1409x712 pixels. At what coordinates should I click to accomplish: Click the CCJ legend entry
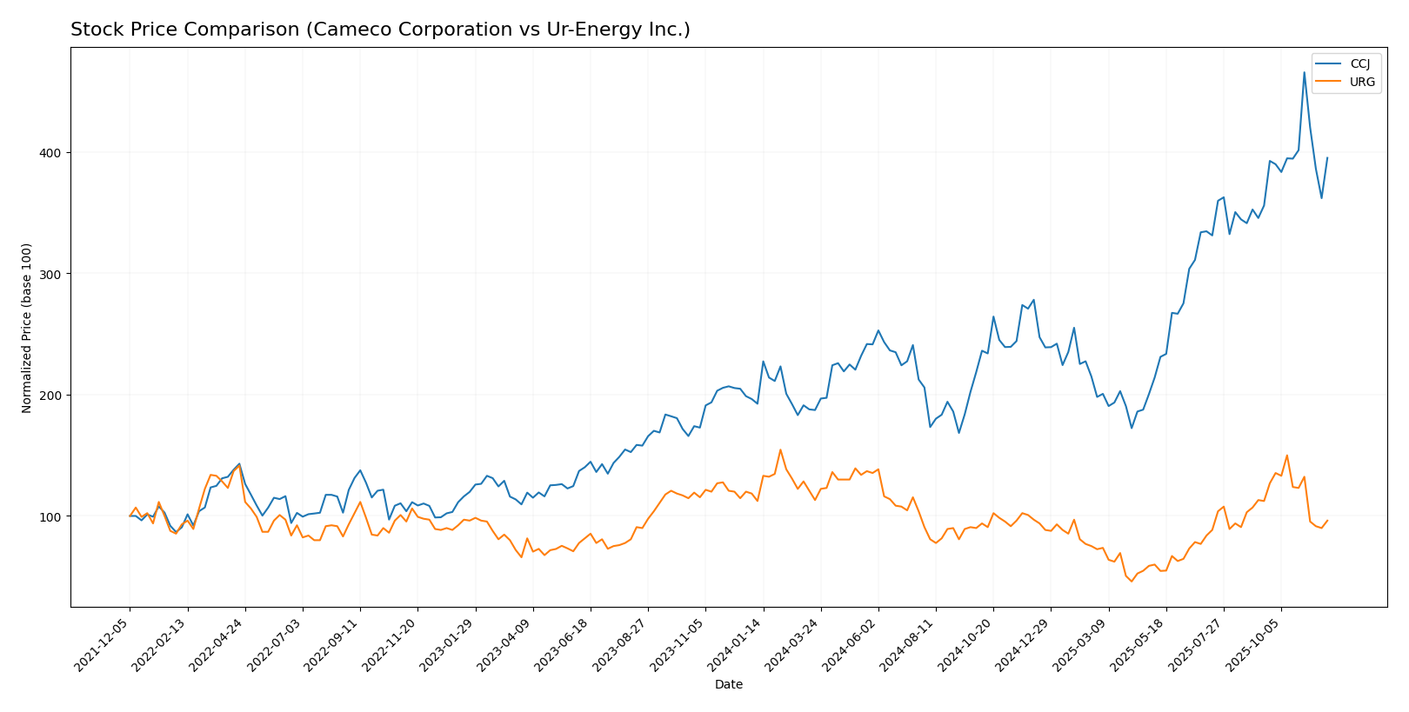(1359, 64)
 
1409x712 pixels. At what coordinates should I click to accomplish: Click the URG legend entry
(1361, 83)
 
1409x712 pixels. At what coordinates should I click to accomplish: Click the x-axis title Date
(728, 685)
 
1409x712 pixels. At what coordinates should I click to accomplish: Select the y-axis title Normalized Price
(27, 328)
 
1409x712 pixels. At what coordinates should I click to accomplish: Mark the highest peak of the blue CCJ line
(1304, 72)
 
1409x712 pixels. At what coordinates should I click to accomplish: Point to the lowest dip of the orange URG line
(1132, 581)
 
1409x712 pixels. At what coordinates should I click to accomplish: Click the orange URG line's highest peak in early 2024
(780, 449)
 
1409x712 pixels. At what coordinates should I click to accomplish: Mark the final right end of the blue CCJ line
(1327, 157)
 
